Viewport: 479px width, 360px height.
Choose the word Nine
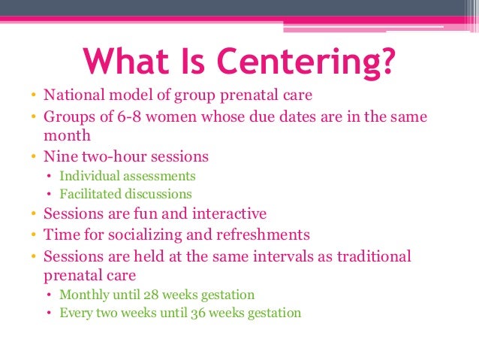click(59, 157)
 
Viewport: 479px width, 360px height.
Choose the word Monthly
click(84, 295)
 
